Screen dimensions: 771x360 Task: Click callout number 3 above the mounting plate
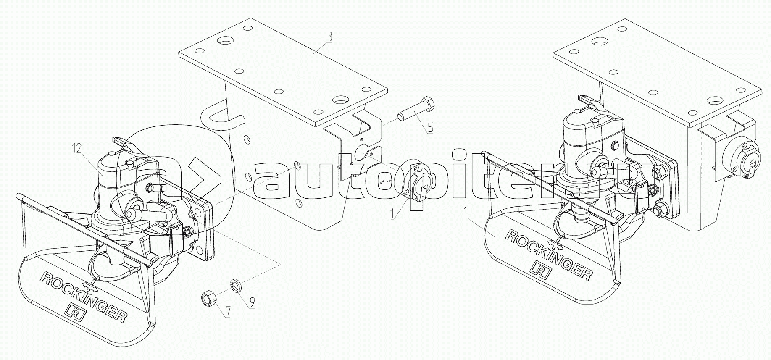point(329,37)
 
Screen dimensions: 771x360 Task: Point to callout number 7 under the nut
point(228,311)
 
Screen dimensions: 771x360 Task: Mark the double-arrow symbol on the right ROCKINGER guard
point(556,244)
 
